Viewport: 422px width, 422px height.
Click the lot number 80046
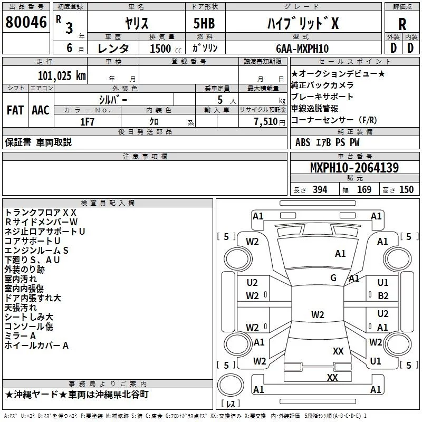pos(26,22)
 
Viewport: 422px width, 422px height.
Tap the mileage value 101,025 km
pos(62,76)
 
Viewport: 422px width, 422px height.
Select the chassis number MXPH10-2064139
pos(354,167)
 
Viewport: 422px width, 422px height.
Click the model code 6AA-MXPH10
pos(302,49)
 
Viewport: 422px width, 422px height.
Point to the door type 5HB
pos(204,23)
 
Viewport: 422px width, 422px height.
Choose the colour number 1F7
pos(87,122)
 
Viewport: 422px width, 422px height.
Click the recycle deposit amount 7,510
pos(266,122)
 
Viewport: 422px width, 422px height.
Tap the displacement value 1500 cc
pos(166,49)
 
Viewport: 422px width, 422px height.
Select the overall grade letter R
pos(402,24)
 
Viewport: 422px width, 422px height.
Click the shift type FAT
pos(15,110)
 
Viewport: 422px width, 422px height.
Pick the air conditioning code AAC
pos(41,110)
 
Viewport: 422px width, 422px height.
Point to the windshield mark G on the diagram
pos(333,278)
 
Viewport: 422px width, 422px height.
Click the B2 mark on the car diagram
pos(383,296)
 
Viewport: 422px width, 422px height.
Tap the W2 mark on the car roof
pos(318,314)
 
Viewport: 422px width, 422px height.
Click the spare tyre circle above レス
pos(231,385)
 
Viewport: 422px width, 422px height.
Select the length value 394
pos(320,190)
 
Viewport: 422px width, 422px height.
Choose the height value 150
pos(406,190)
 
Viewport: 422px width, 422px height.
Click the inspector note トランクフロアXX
pos(41,213)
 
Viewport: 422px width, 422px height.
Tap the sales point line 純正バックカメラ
pos(322,85)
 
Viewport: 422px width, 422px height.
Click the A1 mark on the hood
pos(340,254)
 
